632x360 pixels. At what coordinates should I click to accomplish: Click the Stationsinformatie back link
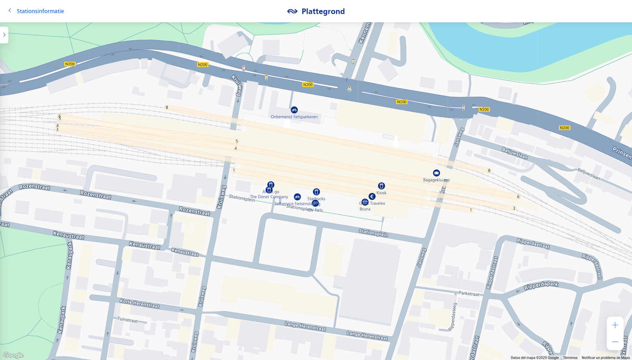(x=40, y=11)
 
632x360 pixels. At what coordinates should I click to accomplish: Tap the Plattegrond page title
(x=323, y=11)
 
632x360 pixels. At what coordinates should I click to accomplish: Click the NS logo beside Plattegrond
(x=292, y=11)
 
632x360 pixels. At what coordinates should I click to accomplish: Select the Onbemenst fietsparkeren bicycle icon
(x=294, y=110)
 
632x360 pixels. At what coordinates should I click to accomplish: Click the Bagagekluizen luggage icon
(x=436, y=173)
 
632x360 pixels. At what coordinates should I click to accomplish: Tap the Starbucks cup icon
(x=316, y=192)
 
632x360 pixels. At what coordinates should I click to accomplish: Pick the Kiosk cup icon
(x=381, y=186)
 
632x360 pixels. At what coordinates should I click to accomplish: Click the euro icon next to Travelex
(x=372, y=197)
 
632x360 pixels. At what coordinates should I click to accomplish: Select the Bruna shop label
(x=365, y=209)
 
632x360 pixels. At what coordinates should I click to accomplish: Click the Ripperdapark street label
(x=541, y=286)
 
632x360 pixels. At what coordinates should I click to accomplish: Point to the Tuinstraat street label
(x=128, y=320)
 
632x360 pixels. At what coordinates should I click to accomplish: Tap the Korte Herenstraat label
(x=139, y=304)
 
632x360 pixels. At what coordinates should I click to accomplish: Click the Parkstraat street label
(x=469, y=294)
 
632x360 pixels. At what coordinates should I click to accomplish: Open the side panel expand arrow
(x=4, y=35)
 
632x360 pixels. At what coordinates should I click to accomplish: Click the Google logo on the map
(x=13, y=355)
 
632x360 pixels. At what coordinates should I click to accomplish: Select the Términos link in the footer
(x=570, y=358)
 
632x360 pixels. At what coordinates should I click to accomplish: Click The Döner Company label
(x=269, y=197)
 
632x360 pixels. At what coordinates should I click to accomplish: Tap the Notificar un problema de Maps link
(x=606, y=358)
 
